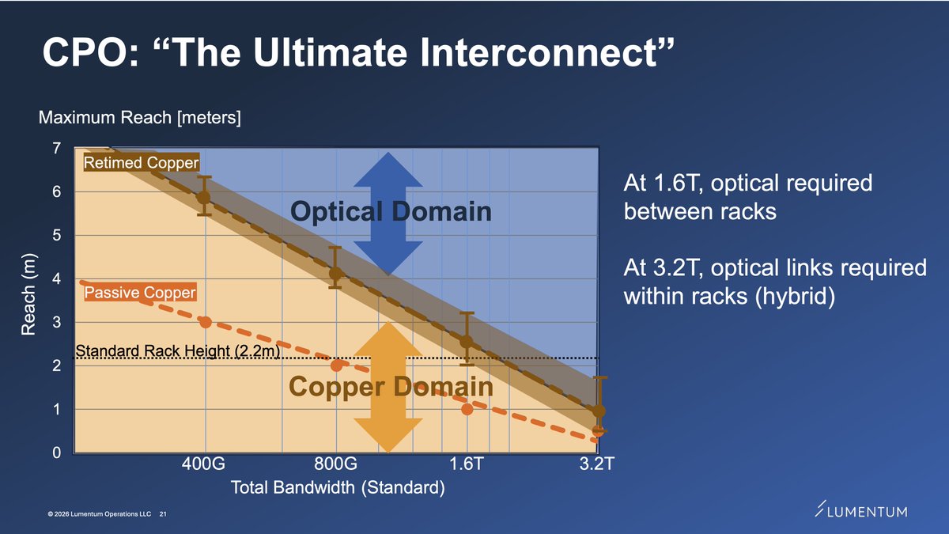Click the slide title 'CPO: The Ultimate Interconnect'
(357, 55)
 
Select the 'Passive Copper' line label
(139, 294)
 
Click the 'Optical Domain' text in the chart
(391, 211)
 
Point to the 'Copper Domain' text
(391, 386)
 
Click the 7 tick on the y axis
(56, 149)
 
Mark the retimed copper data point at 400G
(204, 197)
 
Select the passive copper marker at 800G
(336, 365)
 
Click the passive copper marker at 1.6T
(467, 409)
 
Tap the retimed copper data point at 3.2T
(599, 411)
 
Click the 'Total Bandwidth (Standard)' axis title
(337, 488)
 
